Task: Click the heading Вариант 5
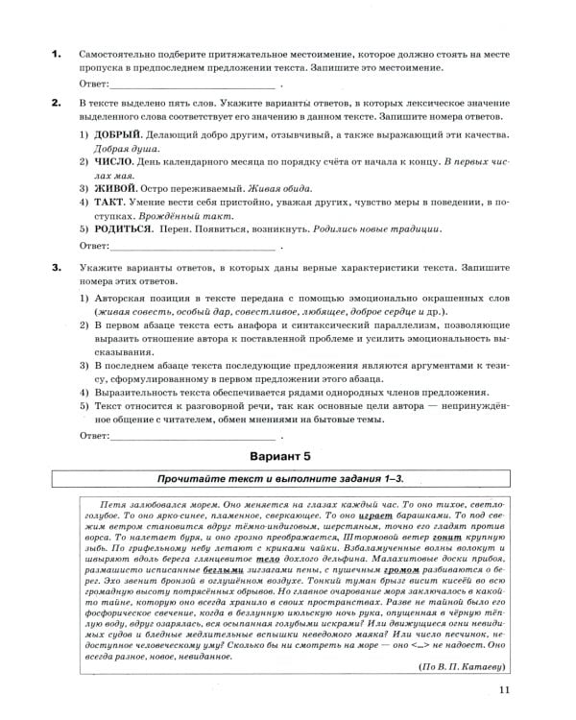[x=288, y=456]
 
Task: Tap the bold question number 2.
[x=56, y=103]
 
